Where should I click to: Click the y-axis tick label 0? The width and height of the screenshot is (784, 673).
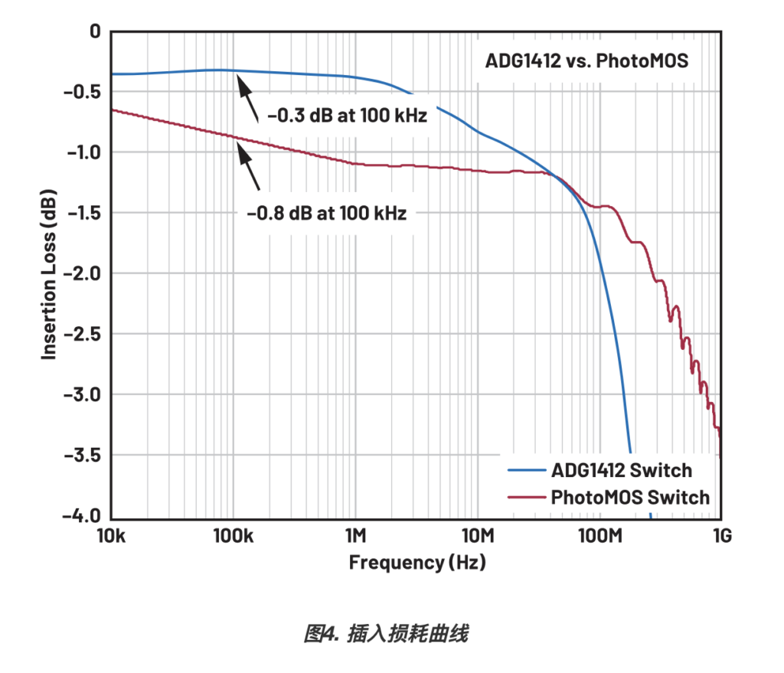pos(95,31)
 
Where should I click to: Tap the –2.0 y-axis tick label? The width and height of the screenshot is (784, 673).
pos(83,273)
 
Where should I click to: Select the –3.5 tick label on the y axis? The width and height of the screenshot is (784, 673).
pos(83,456)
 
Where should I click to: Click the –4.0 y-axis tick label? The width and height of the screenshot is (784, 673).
pos(83,516)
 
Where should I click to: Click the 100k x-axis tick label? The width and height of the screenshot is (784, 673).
pos(233,536)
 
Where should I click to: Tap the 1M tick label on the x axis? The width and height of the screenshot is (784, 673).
pos(354,536)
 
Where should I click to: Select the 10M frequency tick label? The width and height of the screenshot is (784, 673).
pos(477,536)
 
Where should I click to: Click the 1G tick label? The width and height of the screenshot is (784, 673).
pos(720,536)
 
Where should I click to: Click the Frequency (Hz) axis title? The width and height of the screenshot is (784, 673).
pos(417,563)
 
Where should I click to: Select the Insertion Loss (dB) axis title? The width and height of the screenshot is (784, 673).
pos(50,273)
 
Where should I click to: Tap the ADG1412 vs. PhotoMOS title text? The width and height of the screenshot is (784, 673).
pos(586,60)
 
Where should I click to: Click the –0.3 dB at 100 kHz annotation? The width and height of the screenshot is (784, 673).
pos(347,117)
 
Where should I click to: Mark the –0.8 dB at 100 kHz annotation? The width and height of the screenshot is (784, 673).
pos(326,213)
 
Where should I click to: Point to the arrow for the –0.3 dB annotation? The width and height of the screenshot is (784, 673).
pos(249,100)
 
